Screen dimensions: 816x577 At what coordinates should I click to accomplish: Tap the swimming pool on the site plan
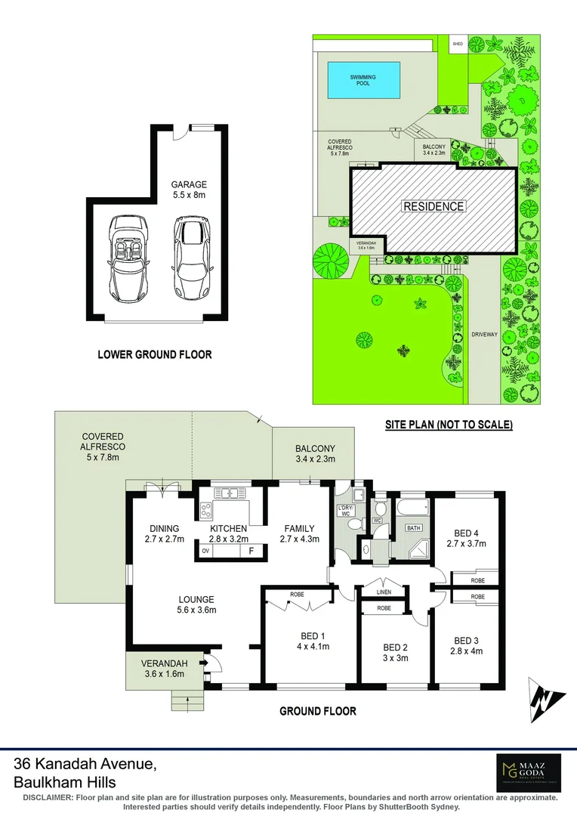coord(363,80)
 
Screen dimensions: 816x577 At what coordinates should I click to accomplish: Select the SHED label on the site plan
coord(458,45)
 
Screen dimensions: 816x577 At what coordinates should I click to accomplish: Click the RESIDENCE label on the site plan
coord(434,206)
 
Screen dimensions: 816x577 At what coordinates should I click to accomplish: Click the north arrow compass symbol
coord(547,701)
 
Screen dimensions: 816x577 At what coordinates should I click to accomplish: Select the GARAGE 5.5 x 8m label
coord(188,190)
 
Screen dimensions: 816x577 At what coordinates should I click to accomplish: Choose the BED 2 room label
coord(395,653)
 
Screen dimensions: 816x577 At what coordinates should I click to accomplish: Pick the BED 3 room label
coord(467,645)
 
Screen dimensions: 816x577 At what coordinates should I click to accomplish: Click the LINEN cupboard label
coord(384,591)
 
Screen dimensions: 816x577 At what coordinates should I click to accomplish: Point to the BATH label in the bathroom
coord(414,527)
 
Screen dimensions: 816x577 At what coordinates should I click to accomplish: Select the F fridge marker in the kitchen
coord(251,552)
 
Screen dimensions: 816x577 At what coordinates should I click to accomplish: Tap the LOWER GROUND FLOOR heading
coord(155,354)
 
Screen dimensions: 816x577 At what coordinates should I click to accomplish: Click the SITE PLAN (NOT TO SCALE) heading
coord(449,425)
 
